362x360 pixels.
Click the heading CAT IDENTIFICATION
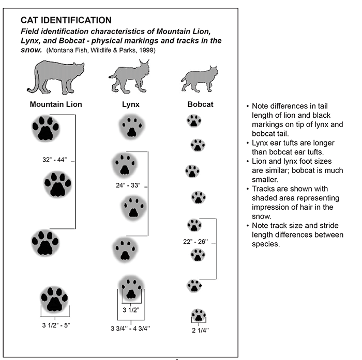(x=66, y=21)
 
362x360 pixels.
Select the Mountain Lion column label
(x=56, y=104)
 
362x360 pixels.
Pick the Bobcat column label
(x=200, y=104)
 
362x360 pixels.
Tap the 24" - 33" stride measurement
(x=129, y=184)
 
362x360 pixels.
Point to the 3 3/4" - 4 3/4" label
(x=130, y=328)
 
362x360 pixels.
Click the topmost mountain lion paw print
(x=46, y=128)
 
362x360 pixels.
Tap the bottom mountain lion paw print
(x=54, y=300)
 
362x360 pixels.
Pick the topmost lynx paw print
(x=131, y=127)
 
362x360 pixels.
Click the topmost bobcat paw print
(x=194, y=121)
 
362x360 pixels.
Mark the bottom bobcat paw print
(x=199, y=315)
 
